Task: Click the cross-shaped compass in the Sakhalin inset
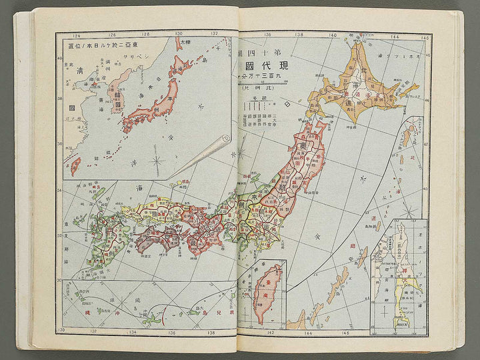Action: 383,313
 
